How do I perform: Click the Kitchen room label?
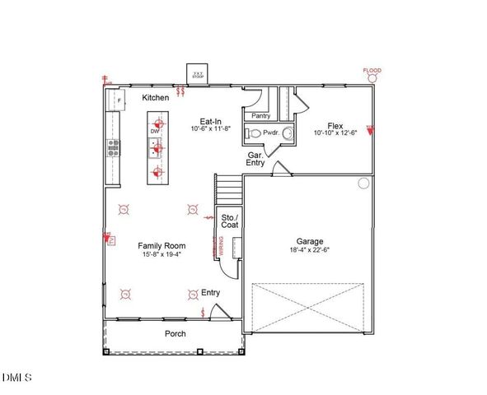click(x=156, y=98)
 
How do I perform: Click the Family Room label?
click(x=161, y=245)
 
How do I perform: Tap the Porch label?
click(x=175, y=333)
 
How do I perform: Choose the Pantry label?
click(x=261, y=117)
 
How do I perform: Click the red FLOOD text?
click(x=372, y=71)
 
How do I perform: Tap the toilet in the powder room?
click(x=256, y=133)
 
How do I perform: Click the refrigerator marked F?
click(x=118, y=100)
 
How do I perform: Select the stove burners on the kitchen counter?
click(x=113, y=148)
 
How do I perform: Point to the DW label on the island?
click(x=154, y=132)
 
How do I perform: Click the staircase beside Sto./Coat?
click(x=229, y=193)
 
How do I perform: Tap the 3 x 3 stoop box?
click(x=198, y=74)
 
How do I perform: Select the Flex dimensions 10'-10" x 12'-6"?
click(x=335, y=132)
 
